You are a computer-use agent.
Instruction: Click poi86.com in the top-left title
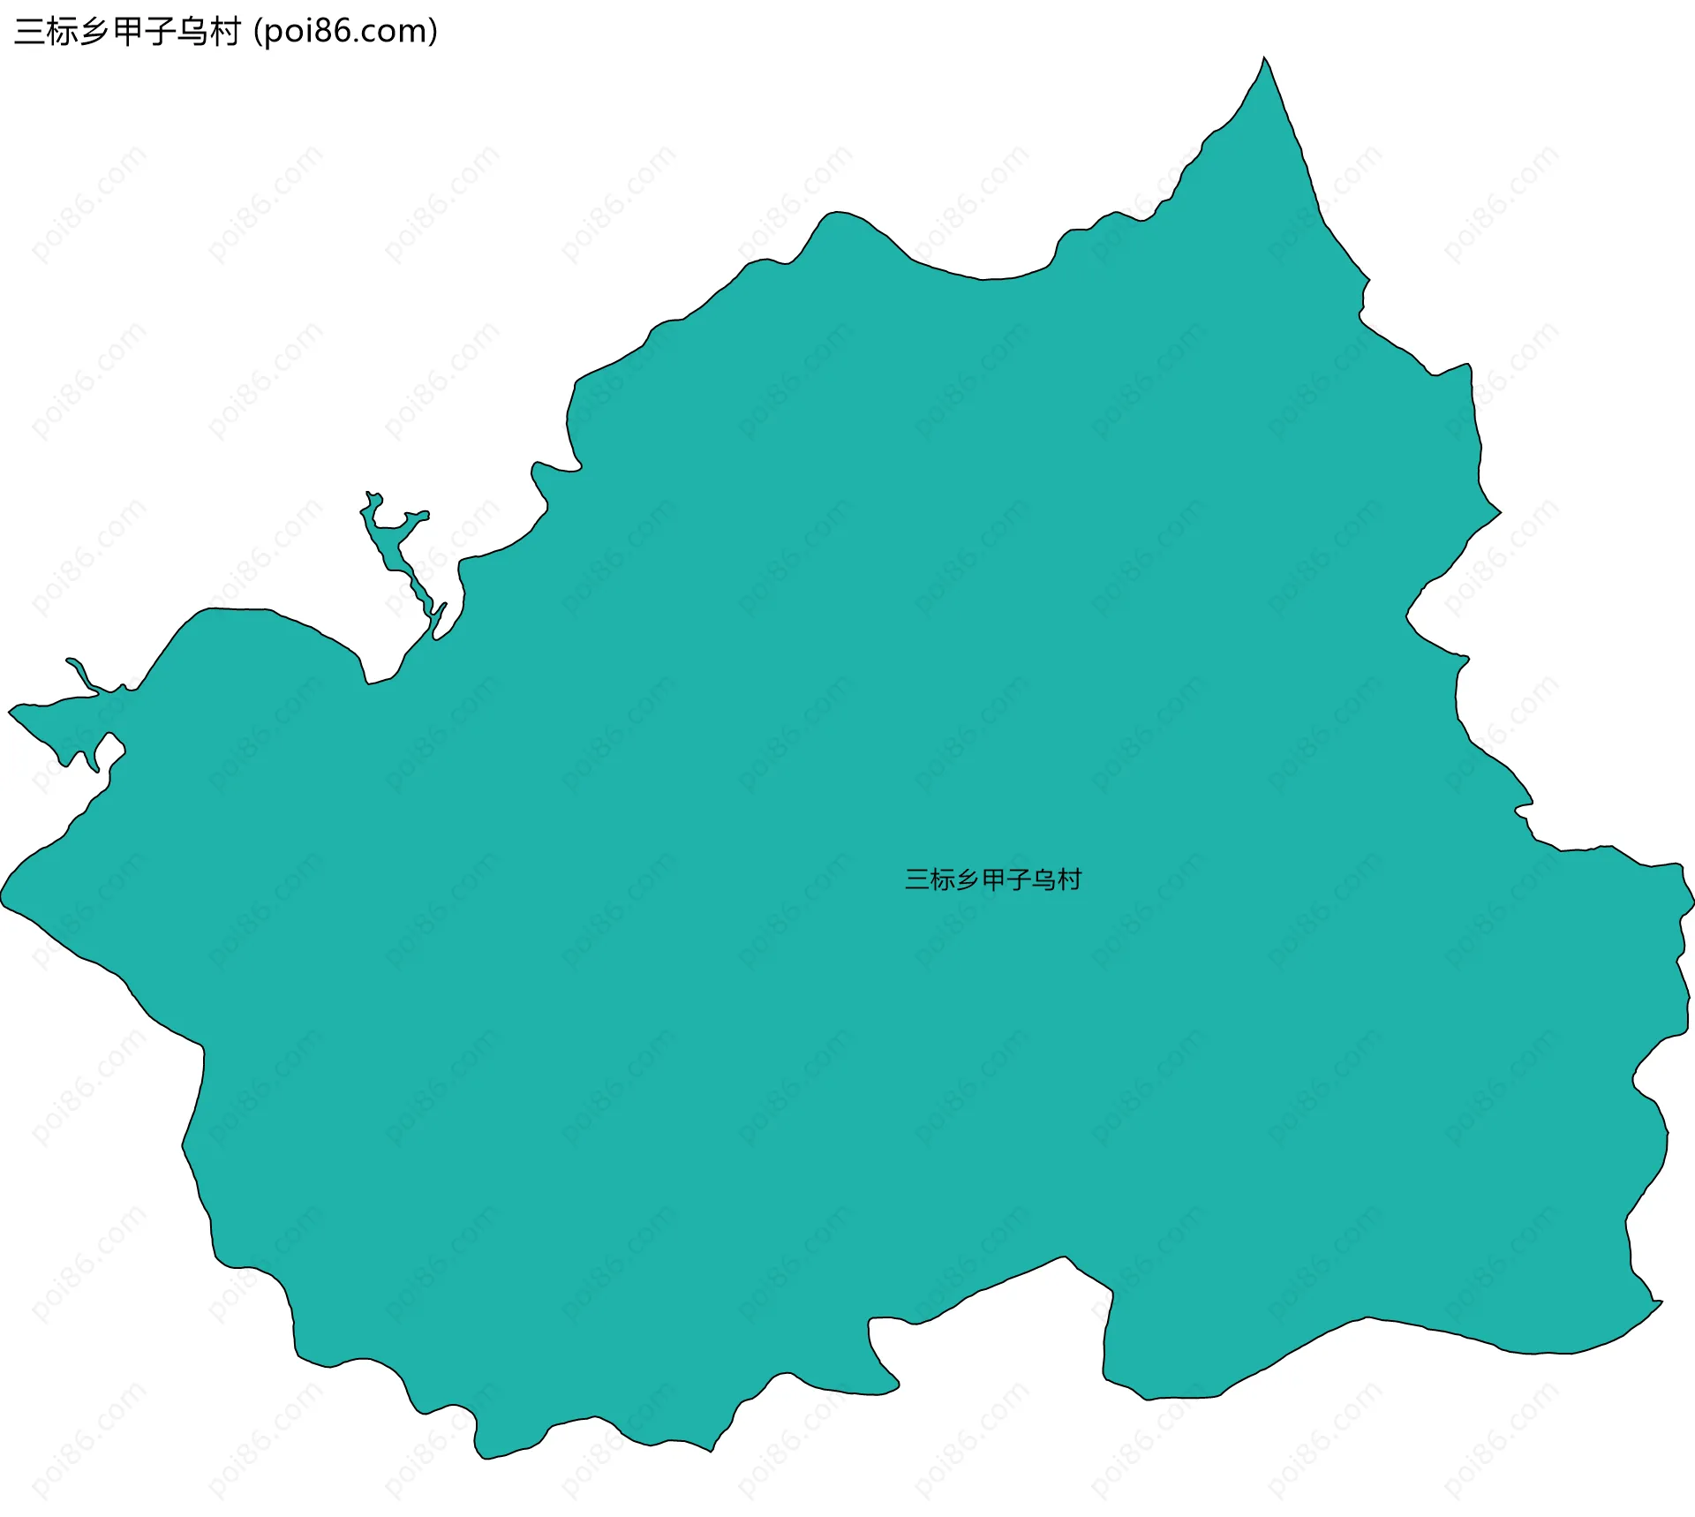(344, 32)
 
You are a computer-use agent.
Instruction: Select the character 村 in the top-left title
(224, 32)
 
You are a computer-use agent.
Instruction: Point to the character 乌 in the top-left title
(192, 32)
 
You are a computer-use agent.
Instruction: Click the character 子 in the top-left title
(160, 32)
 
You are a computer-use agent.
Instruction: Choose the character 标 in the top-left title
(62, 32)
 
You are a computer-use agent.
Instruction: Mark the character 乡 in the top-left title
(94, 32)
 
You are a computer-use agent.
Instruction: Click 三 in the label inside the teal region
(917, 879)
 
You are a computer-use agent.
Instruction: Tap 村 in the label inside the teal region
(1070, 879)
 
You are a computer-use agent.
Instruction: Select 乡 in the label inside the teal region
(968, 879)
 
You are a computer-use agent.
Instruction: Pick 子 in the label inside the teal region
(1020, 879)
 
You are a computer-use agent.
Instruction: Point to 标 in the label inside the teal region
(943, 879)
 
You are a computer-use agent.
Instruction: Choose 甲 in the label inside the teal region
(994, 879)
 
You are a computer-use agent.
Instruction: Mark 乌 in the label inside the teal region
(1044, 879)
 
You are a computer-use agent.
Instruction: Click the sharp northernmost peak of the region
(1264, 59)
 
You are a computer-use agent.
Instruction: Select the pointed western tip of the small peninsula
(11, 710)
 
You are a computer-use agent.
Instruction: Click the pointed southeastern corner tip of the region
(1661, 1302)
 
